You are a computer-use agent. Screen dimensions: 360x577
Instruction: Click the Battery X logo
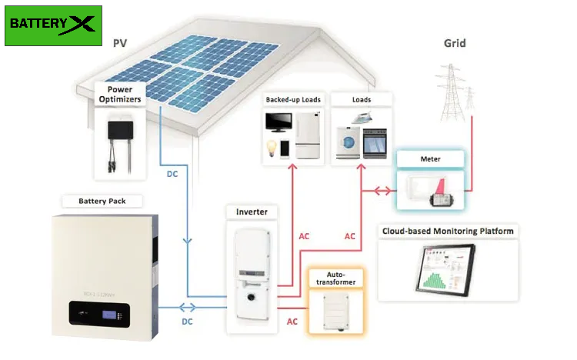click(53, 24)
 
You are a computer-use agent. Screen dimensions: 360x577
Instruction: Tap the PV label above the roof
click(120, 43)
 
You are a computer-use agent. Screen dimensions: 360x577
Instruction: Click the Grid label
click(455, 43)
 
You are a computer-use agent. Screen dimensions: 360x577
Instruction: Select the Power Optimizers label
click(120, 93)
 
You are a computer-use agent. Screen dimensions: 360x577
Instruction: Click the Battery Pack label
click(100, 202)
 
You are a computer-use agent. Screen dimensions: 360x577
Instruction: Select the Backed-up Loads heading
click(293, 100)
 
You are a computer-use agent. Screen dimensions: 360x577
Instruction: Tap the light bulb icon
click(271, 147)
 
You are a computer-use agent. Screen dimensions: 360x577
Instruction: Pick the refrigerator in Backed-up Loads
click(307, 135)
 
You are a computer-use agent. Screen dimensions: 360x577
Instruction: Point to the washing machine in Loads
click(349, 144)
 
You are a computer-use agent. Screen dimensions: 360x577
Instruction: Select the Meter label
click(430, 159)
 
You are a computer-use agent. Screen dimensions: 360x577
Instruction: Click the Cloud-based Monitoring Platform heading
click(447, 231)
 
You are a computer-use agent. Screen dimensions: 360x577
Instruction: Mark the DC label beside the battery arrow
click(187, 321)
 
